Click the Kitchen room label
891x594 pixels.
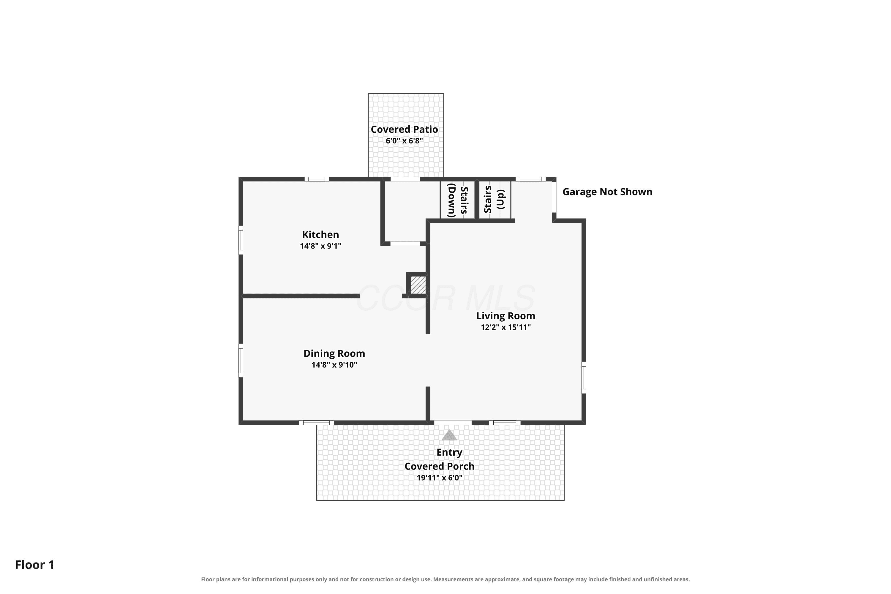click(320, 235)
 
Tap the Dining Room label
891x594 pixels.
click(334, 353)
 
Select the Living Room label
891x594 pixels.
click(506, 316)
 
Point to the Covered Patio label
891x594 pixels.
click(404, 129)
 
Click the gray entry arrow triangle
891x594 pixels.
click(449, 435)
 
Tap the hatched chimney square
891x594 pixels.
click(418, 285)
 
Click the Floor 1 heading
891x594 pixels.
click(35, 565)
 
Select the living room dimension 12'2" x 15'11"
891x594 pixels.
click(506, 327)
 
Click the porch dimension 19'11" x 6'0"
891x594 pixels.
click(440, 478)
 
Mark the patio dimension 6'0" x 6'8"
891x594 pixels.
click(404, 141)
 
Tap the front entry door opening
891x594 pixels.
click(453, 422)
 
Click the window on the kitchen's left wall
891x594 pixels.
click(241, 240)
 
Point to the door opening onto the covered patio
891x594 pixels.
click(405, 179)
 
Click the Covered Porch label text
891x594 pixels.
click(440, 466)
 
